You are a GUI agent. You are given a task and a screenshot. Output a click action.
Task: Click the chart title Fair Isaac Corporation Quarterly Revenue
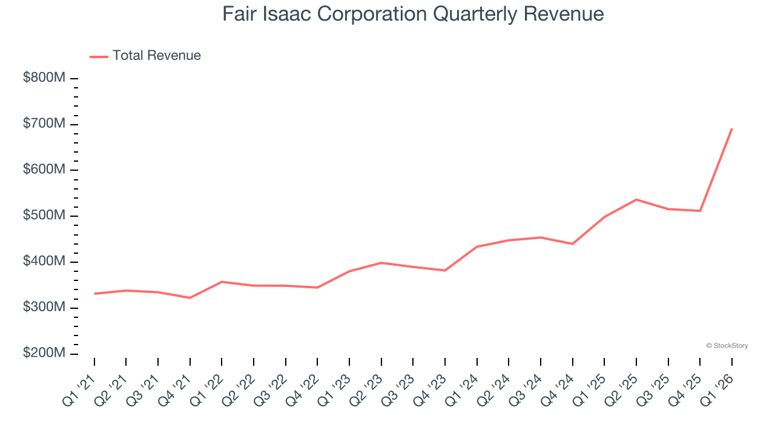pos(413,14)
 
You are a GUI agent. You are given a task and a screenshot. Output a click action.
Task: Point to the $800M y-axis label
pos(44,78)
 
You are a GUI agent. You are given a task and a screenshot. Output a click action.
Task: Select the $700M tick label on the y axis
pos(44,124)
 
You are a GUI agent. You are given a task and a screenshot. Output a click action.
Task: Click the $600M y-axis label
pos(44,170)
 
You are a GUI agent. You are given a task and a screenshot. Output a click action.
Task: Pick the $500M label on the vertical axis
pos(44,216)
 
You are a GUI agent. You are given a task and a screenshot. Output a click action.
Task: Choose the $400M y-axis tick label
pos(44,262)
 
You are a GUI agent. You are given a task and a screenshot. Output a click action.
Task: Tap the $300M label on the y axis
pos(44,308)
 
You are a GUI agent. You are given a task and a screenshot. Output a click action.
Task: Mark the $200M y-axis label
pos(44,354)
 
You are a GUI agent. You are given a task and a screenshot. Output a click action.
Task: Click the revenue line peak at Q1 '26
pos(732,128)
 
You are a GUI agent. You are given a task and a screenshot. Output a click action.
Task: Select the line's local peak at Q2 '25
pos(636,199)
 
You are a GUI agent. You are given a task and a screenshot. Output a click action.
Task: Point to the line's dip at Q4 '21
pos(190,298)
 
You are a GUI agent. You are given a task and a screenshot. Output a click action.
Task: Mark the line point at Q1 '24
pos(477,246)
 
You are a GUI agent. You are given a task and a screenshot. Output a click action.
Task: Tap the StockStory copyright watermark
pos(727,346)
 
